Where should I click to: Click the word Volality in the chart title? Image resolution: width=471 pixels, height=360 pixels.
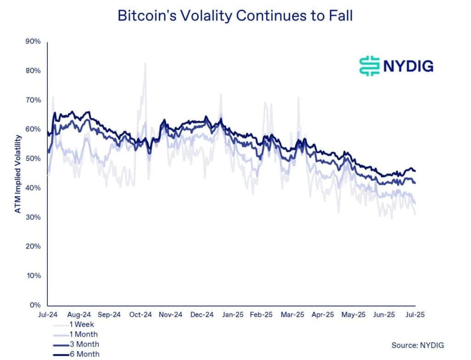pyautogui.click(x=207, y=15)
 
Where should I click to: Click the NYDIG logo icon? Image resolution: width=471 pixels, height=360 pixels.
pyautogui.click(x=369, y=66)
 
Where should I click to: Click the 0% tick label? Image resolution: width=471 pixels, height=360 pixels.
pyautogui.click(x=36, y=305)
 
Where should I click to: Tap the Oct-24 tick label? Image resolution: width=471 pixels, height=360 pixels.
pyautogui.click(x=140, y=315)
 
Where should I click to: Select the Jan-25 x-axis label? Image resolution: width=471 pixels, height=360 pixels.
pyautogui.click(x=233, y=315)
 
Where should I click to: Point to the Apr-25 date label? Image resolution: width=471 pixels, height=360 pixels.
pyautogui.click(x=322, y=315)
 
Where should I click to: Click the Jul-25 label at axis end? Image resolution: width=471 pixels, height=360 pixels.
pyautogui.click(x=414, y=315)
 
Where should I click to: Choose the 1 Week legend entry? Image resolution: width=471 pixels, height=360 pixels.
pyautogui.click(x=82, y=324)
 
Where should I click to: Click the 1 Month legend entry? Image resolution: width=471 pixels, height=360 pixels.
pyautogui.click(x=84, y=334)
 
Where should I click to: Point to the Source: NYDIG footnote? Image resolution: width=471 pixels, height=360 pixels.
pyautogui.click(x=418, y=345)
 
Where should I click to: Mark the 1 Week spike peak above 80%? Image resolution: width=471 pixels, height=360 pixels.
pyautogui.click(x=145, y=63)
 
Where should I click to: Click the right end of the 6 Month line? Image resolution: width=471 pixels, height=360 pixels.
pyautogui.click(x=415, y=171)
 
